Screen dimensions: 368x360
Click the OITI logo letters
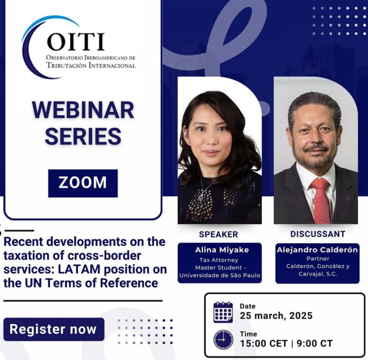[x=75, y=42]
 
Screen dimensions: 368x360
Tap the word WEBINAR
[x=83, y=110]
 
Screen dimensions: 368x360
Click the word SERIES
[x=83, y=136]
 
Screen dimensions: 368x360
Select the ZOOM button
[x=83, y=183]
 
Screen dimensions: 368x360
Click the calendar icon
[x=223, y=312]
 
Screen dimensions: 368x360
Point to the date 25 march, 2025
[x=276, y=316]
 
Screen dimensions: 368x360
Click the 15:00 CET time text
[x=263, y=343]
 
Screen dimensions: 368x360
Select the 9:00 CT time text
[x=314, y=343]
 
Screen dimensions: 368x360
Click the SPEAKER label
[x=218, y=234]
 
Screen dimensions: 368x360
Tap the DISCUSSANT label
[x=318, y=234]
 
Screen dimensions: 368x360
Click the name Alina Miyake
[x=222, y=250]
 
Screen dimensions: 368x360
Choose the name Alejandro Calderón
[x=317, y=250]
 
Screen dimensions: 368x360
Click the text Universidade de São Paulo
[x=220, y=275]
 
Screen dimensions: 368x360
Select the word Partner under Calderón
[x=318, y=259]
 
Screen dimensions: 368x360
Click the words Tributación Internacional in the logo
[x=91, y=65]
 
